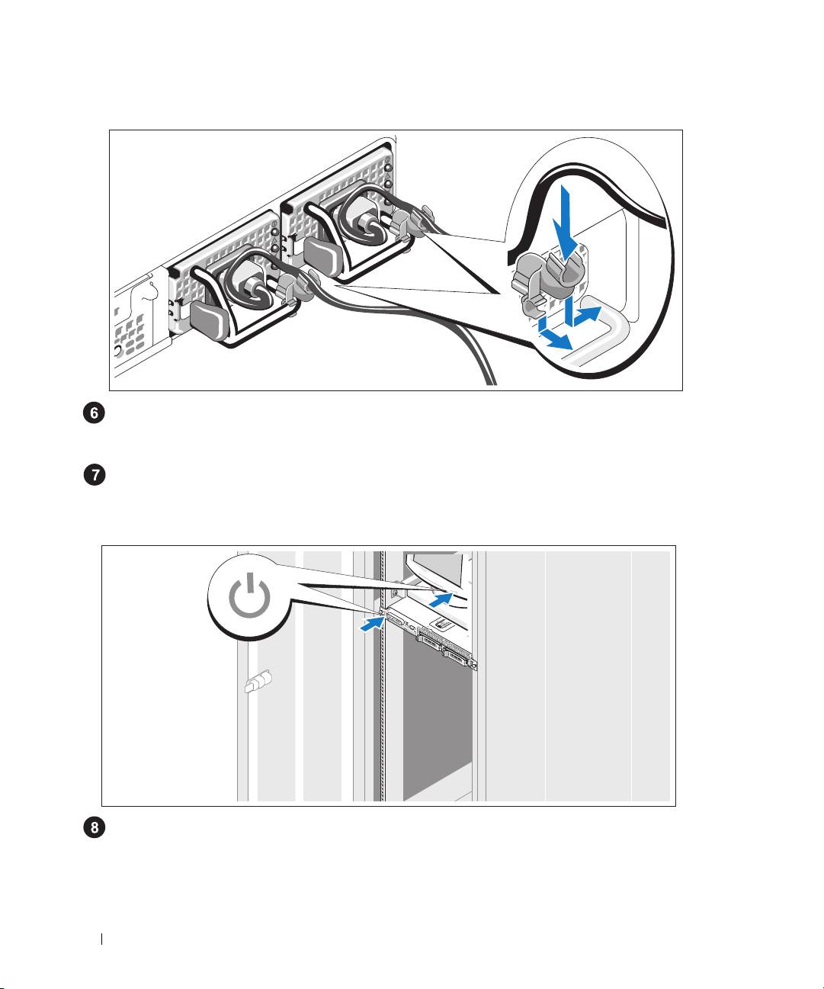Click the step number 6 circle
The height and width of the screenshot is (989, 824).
tap(94, 413)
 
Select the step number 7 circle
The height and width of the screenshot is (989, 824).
tap(94, 474)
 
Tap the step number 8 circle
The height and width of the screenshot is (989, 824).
tap(94, 827)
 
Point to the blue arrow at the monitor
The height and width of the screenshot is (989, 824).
tap(441, 600)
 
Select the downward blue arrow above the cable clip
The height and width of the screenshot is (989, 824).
tap(565, 223)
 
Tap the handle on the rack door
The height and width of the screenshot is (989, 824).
tap(258, 682)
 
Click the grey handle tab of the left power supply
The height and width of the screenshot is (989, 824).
tap(208, 320)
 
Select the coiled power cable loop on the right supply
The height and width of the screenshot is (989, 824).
tap(364, 216)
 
